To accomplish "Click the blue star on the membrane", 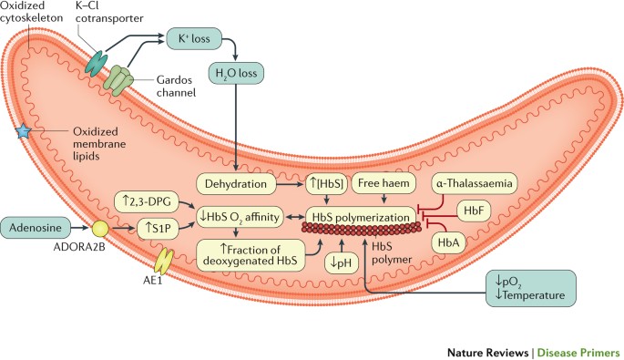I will [24, 134].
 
